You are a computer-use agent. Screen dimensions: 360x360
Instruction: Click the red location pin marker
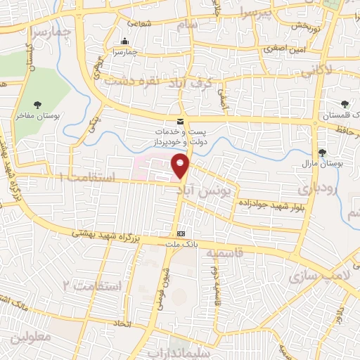pos(181,165)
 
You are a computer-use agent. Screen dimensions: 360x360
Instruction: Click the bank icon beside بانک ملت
pos(181,233)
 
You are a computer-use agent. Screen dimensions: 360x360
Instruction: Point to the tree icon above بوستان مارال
pos(323,152)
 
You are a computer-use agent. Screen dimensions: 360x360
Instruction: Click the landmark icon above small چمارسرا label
pos(125,41)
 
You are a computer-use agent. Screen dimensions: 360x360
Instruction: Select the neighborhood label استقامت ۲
pos(92,285)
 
